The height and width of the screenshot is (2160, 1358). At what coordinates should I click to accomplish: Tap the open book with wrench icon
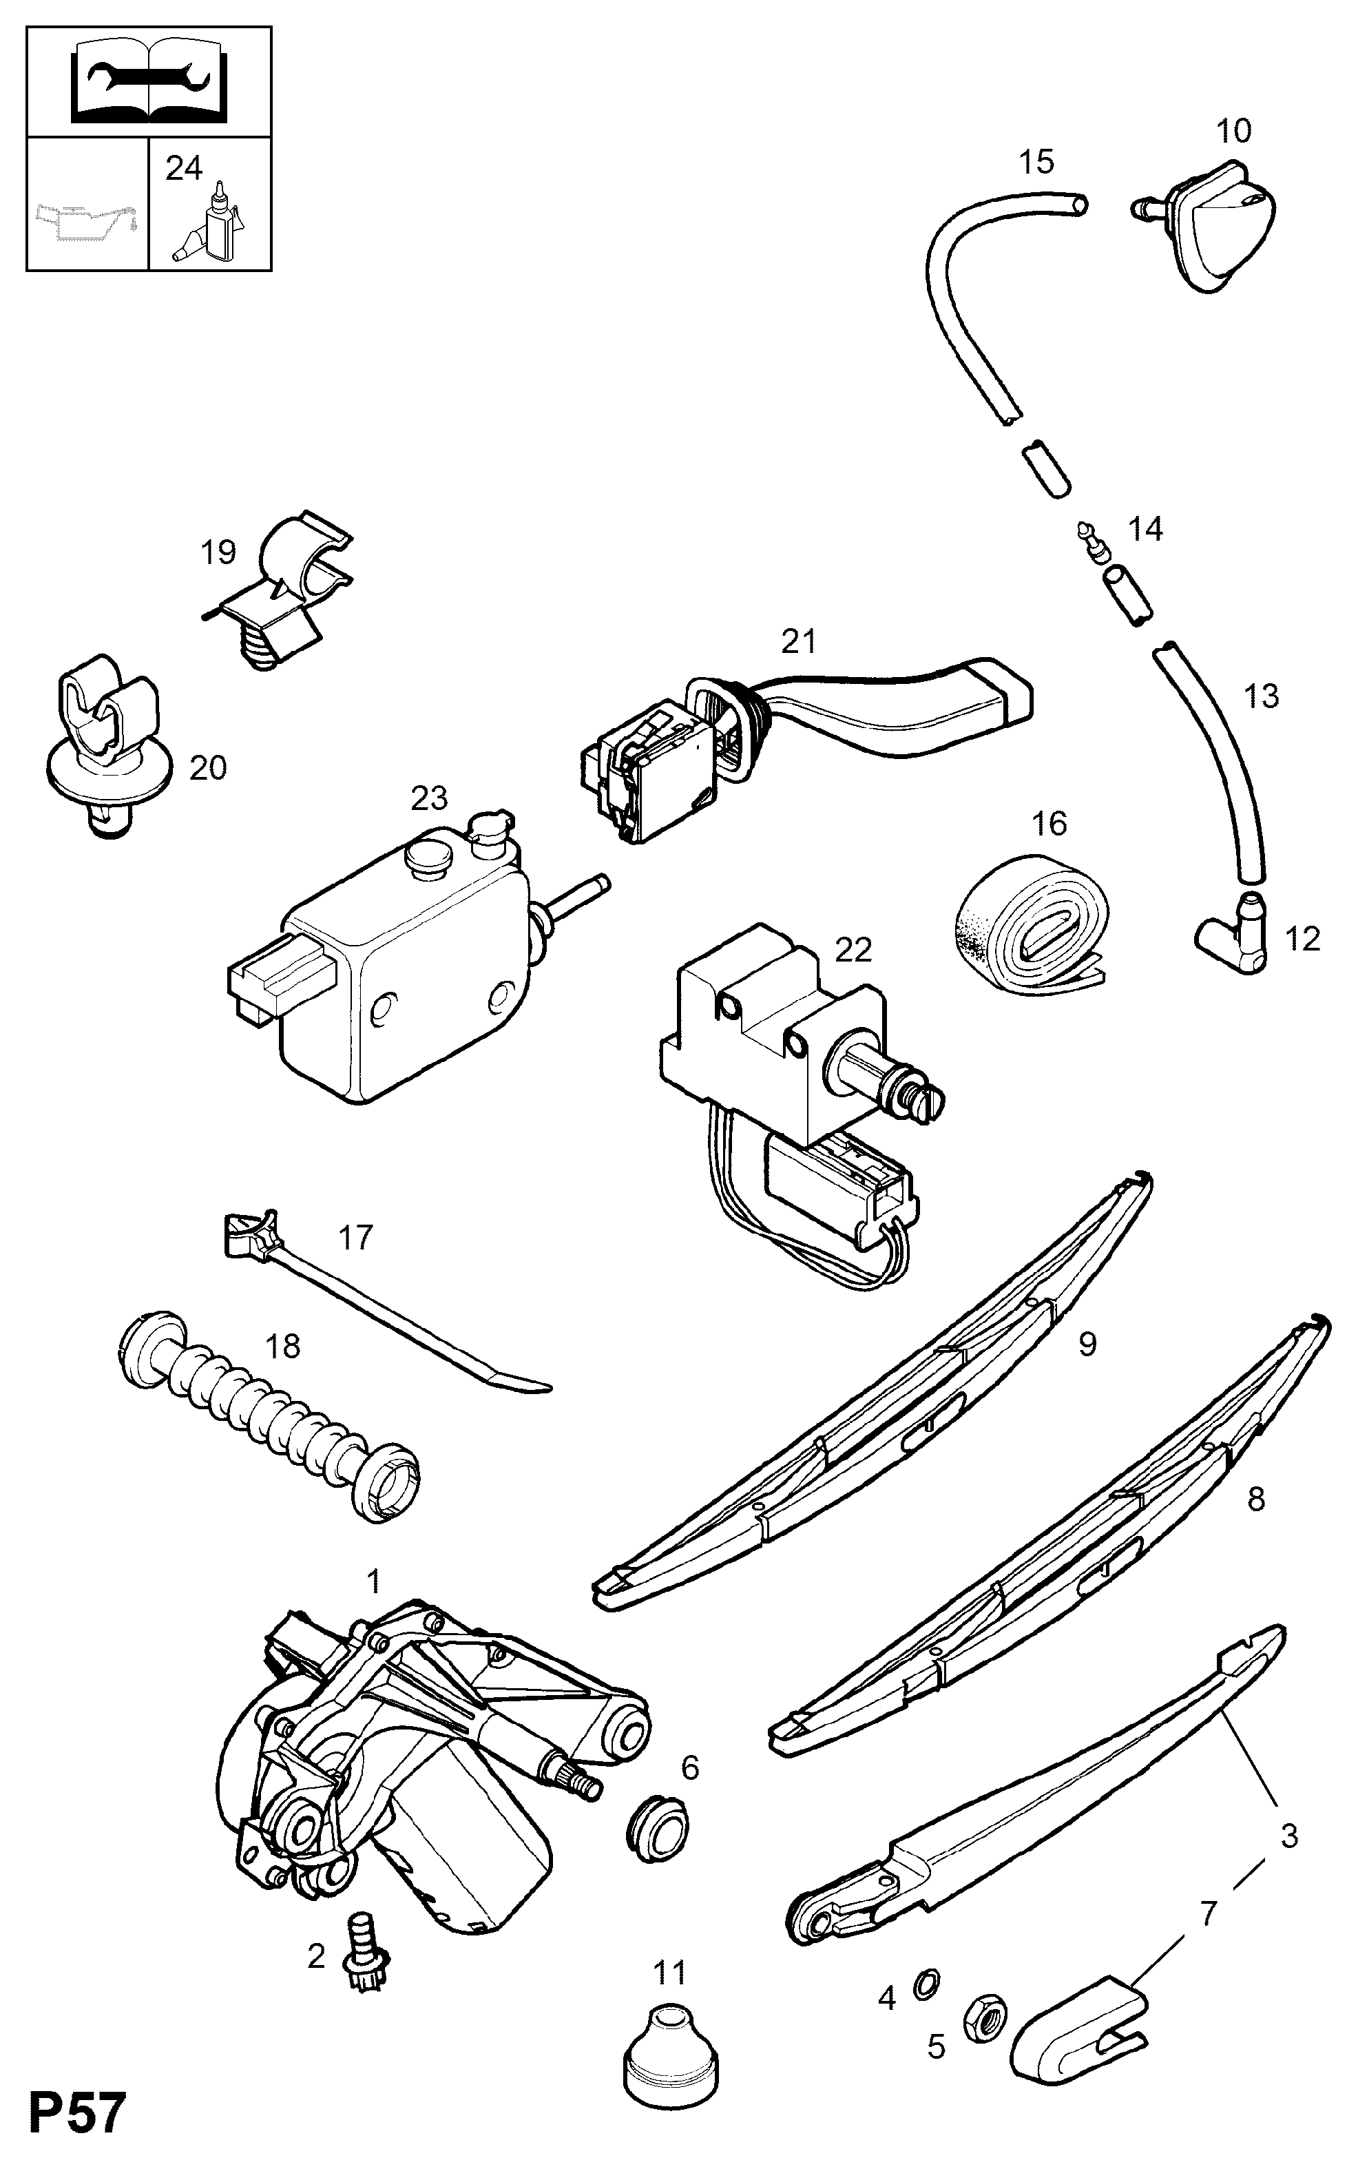click(148, 83)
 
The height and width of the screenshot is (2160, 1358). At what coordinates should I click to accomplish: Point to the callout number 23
click(430, 798)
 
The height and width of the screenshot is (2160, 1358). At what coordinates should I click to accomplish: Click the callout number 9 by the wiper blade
click(1087, 1344)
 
